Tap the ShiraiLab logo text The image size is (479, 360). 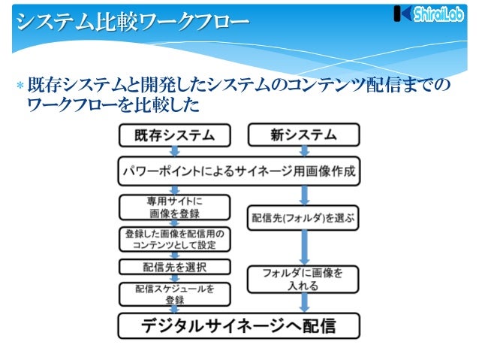(x=438, y=15)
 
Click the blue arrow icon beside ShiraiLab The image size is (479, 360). (x=402, y=14)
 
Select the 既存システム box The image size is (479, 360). (x=174, y=136)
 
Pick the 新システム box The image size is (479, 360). (x=303, y=136)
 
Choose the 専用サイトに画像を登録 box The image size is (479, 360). (x=173, y=207)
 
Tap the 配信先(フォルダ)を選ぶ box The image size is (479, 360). (x=303, y=219)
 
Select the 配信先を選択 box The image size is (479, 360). (x=173, y=266)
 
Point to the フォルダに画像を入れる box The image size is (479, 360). (x=303, y=280)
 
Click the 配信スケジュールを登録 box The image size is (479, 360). (x=173, y=294)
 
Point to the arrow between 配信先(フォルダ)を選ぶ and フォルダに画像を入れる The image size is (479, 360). (x=303, y=249)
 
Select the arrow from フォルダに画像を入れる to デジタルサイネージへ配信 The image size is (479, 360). (x=303, y=303)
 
